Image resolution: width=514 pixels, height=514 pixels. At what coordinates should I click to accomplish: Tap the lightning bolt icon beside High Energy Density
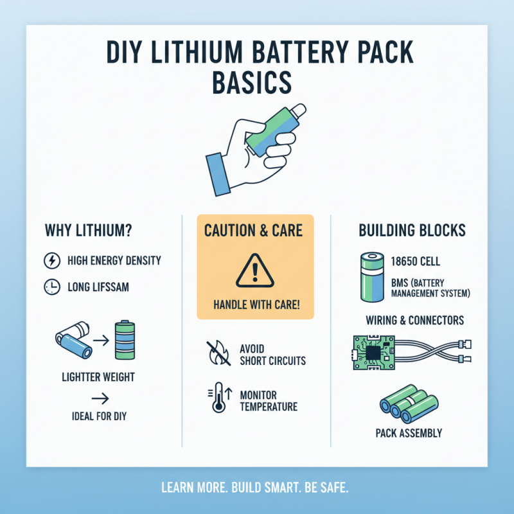click(50, 261)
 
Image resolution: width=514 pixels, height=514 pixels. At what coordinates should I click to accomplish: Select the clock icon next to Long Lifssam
click(50, 287)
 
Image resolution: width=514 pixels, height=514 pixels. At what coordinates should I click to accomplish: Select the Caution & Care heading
click(255, 230)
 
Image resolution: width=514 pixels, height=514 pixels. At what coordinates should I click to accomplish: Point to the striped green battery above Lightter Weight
click(123, 341)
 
